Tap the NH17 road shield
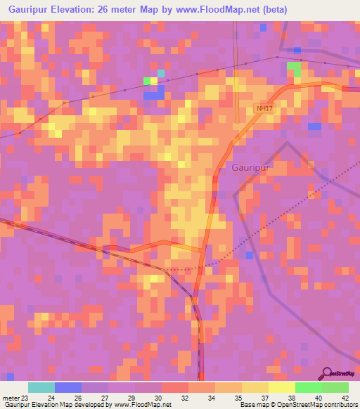(264, 108)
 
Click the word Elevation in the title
(83, 9)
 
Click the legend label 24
(50, 397)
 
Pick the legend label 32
(184, 397)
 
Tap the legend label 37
(264, 397)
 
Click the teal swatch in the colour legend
(41, 387)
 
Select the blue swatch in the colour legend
(68, 387)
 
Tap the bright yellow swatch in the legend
(282, 387)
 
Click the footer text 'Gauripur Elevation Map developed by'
(56, 405)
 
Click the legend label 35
(237, 397)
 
